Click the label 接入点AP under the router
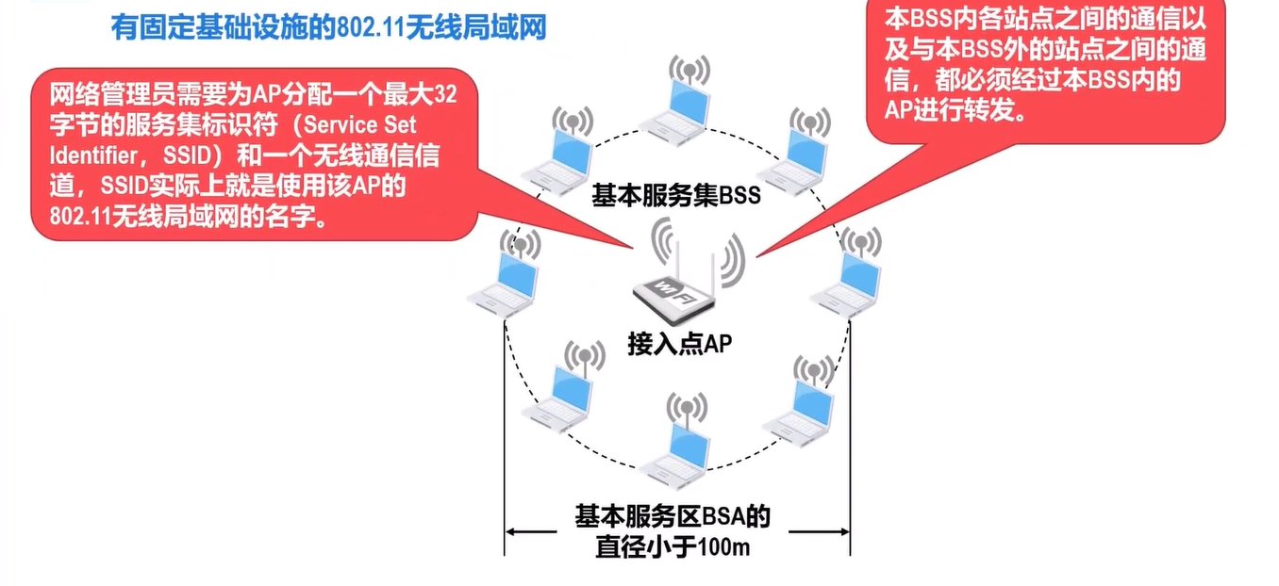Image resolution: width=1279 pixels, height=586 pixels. pyautogui.click(x=679, y=345)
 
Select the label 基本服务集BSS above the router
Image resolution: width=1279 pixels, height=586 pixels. pyautogui.click(x=675, y=196)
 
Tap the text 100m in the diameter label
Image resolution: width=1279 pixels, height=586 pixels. pyautogui.click(x=724, y=547)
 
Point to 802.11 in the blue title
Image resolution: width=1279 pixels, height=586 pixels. pyautogui.click(x=366, y=27)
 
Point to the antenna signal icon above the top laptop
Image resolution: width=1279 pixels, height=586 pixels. pyautogui.click(x=689, y=68)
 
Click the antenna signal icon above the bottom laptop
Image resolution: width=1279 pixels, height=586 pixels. pyautogui.click(x=686, y=407)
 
